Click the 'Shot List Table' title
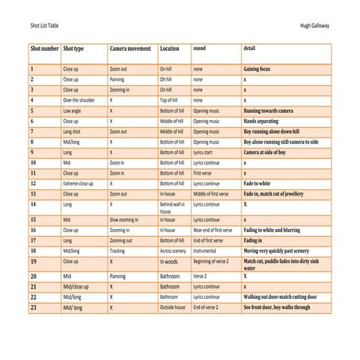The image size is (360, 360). point(42,25)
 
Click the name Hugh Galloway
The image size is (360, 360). point(315,25)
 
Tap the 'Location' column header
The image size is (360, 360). point(169,48)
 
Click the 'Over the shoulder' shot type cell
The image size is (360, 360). point(79,101)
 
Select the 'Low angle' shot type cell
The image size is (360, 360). point(74,111)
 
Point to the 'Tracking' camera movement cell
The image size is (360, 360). point(118,250)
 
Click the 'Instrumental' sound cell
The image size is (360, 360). point(206,250)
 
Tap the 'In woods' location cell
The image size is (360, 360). point(169,261)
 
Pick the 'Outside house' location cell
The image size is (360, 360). point(172,307)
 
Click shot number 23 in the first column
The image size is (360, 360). point(33,307)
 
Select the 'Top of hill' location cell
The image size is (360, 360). point(171,101)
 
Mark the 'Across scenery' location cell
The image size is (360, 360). point(173,250)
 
